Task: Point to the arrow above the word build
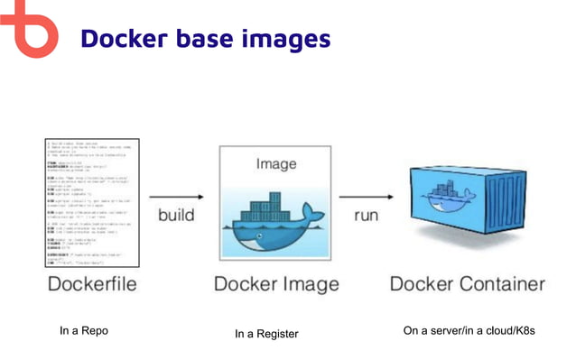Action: point(176,197)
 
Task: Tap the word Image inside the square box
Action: point(276,165)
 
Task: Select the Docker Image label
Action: point(276,284)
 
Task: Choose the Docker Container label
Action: point(468,284)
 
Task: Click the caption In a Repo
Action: point(83,331)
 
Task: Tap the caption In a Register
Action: point(266,335)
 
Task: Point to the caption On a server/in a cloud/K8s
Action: point(469,331)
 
